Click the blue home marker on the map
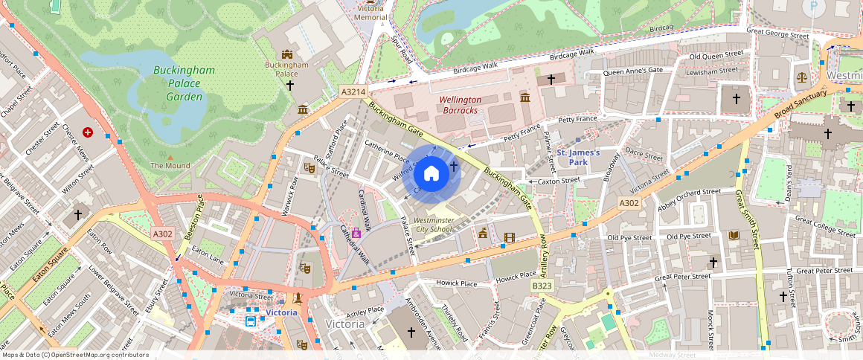pyautogui.click(x=431, y=174)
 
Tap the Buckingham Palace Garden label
pyautogui.click(x=184, y=83)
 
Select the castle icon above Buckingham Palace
pyautogui.click(x=287, y=54)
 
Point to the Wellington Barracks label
pyautogui.click(x=460, y=105)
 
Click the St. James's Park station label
pyautogui.click(x=578, y=157)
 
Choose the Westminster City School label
pyautogui.click(x=433, y=225)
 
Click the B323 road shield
pyautogui.click(x=542, y=286)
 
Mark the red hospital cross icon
pyautogui.click(x=89, y=132)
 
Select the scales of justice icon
pyautogui.click(x=801, y=77)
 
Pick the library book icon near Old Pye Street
pyautogui.click(x=734, y=236)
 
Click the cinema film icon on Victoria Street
pyautogui.click(x=509, y=238)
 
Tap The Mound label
pyautogui.click(x=170, y=165)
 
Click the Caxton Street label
pyautogui.click(x=559, y=181)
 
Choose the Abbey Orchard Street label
pyautogui.click(x=688, y=192)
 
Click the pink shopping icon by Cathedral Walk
pyautogui.click(x=357, y=234)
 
